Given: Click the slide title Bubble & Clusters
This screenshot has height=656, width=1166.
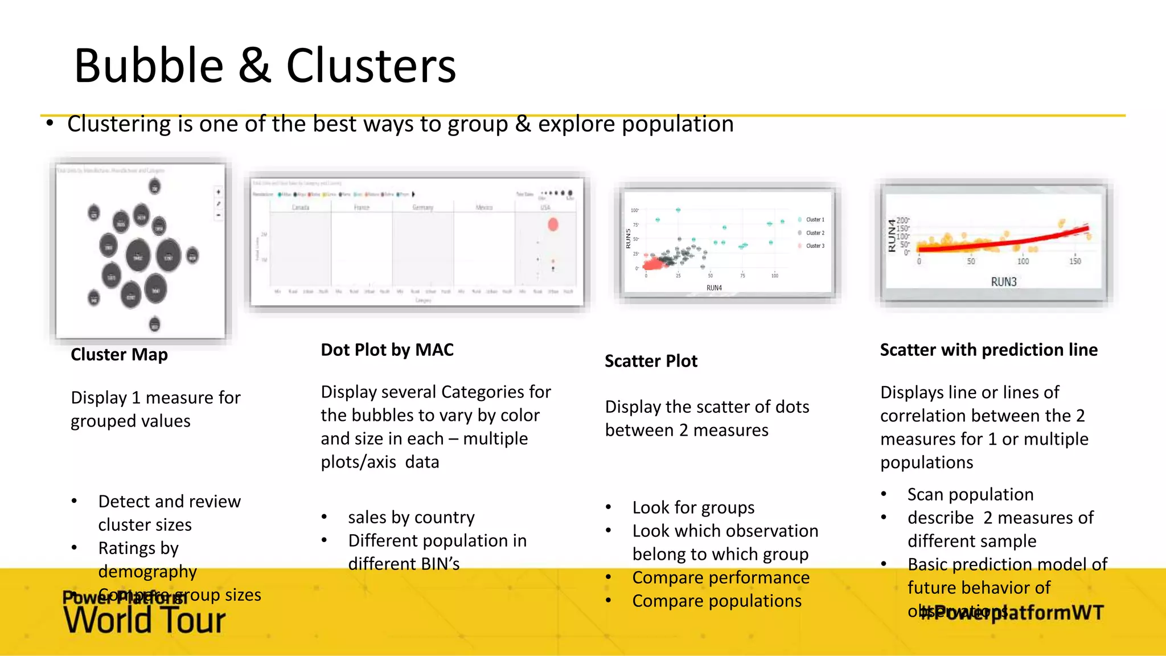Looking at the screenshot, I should tap(265, 66).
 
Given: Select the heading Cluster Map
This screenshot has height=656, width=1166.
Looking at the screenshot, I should tap(119, 355).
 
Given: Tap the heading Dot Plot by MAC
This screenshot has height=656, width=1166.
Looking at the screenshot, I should tap(387, 350).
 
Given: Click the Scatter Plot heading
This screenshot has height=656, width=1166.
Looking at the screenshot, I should tap(651, 361).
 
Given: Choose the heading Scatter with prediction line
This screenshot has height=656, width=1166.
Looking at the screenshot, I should tap(988, 350).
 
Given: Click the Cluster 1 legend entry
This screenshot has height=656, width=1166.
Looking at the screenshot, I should tap(815, 220).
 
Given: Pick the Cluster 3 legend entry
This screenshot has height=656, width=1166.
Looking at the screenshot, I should tap(815, 246).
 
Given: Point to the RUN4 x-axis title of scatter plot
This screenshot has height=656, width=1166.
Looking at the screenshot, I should tap(714, 288).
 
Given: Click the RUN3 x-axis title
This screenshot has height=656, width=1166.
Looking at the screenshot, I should tap(1003, 282).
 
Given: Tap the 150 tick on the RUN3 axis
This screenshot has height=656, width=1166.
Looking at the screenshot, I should tap(1075, 261).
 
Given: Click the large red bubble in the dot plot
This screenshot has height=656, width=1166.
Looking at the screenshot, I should tap(553, 224).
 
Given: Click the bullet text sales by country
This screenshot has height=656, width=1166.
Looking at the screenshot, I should tap(411, 517).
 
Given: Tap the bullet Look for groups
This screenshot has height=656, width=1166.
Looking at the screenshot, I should tap(693, 507).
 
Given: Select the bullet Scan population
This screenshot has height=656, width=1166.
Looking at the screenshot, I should tap(970, 494).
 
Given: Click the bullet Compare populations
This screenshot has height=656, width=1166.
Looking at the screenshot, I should tap(716, 601).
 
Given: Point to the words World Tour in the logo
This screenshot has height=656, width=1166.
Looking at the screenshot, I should tap(145, 620).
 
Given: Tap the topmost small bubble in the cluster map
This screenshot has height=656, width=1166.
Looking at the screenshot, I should tap(154, 186).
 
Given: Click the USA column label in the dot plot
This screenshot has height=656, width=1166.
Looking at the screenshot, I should tap(545, 208).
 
